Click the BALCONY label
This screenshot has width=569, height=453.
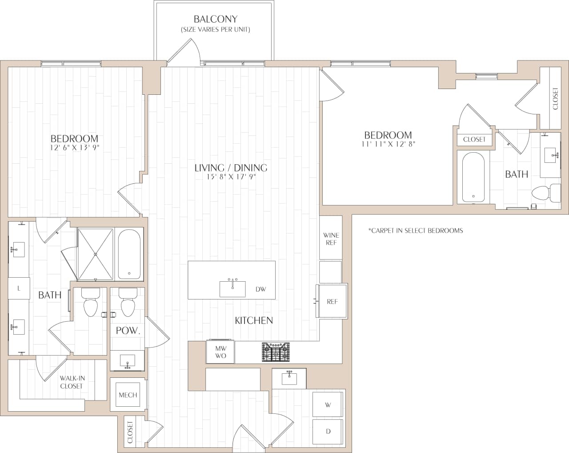pyautogui.click(x=215, y=20)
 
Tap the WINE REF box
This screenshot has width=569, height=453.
pyautogui.click(x=331, y=239)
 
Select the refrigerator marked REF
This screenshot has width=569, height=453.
pyautogui.click(x=332, y=301)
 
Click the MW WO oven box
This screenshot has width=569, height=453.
pyautogui.click(x=220, y=352)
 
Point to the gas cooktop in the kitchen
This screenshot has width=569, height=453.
pyautogui.click(x=276, y=352)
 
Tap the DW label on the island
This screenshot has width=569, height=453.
pyautogui.click(x=260, y=289)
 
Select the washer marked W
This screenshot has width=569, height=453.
pyautogui.click(x=328, y=405)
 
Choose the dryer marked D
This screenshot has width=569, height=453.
pyautogui.click(x=328, y=431)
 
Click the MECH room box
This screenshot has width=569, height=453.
pyautogui.click(x=128, y=395)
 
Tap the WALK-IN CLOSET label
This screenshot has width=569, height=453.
pyautogui.click(x=72, y=382)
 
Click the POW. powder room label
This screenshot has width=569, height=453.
pyautogui.click(x=128, y=331)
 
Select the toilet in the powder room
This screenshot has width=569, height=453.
pyautogui.click(x=128, y=303)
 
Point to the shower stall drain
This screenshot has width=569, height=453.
pyautogui.click(x=96, y=255)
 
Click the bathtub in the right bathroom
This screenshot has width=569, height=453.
pyautogui.click(x=473, y=177)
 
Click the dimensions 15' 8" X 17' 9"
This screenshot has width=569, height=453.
pyautogui.click(x=231, y=177)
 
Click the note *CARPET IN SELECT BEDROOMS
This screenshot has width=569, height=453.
pyautogui.click(x=416, y=231)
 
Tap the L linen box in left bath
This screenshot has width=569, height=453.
pyautogui.click(x=19, y=288)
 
